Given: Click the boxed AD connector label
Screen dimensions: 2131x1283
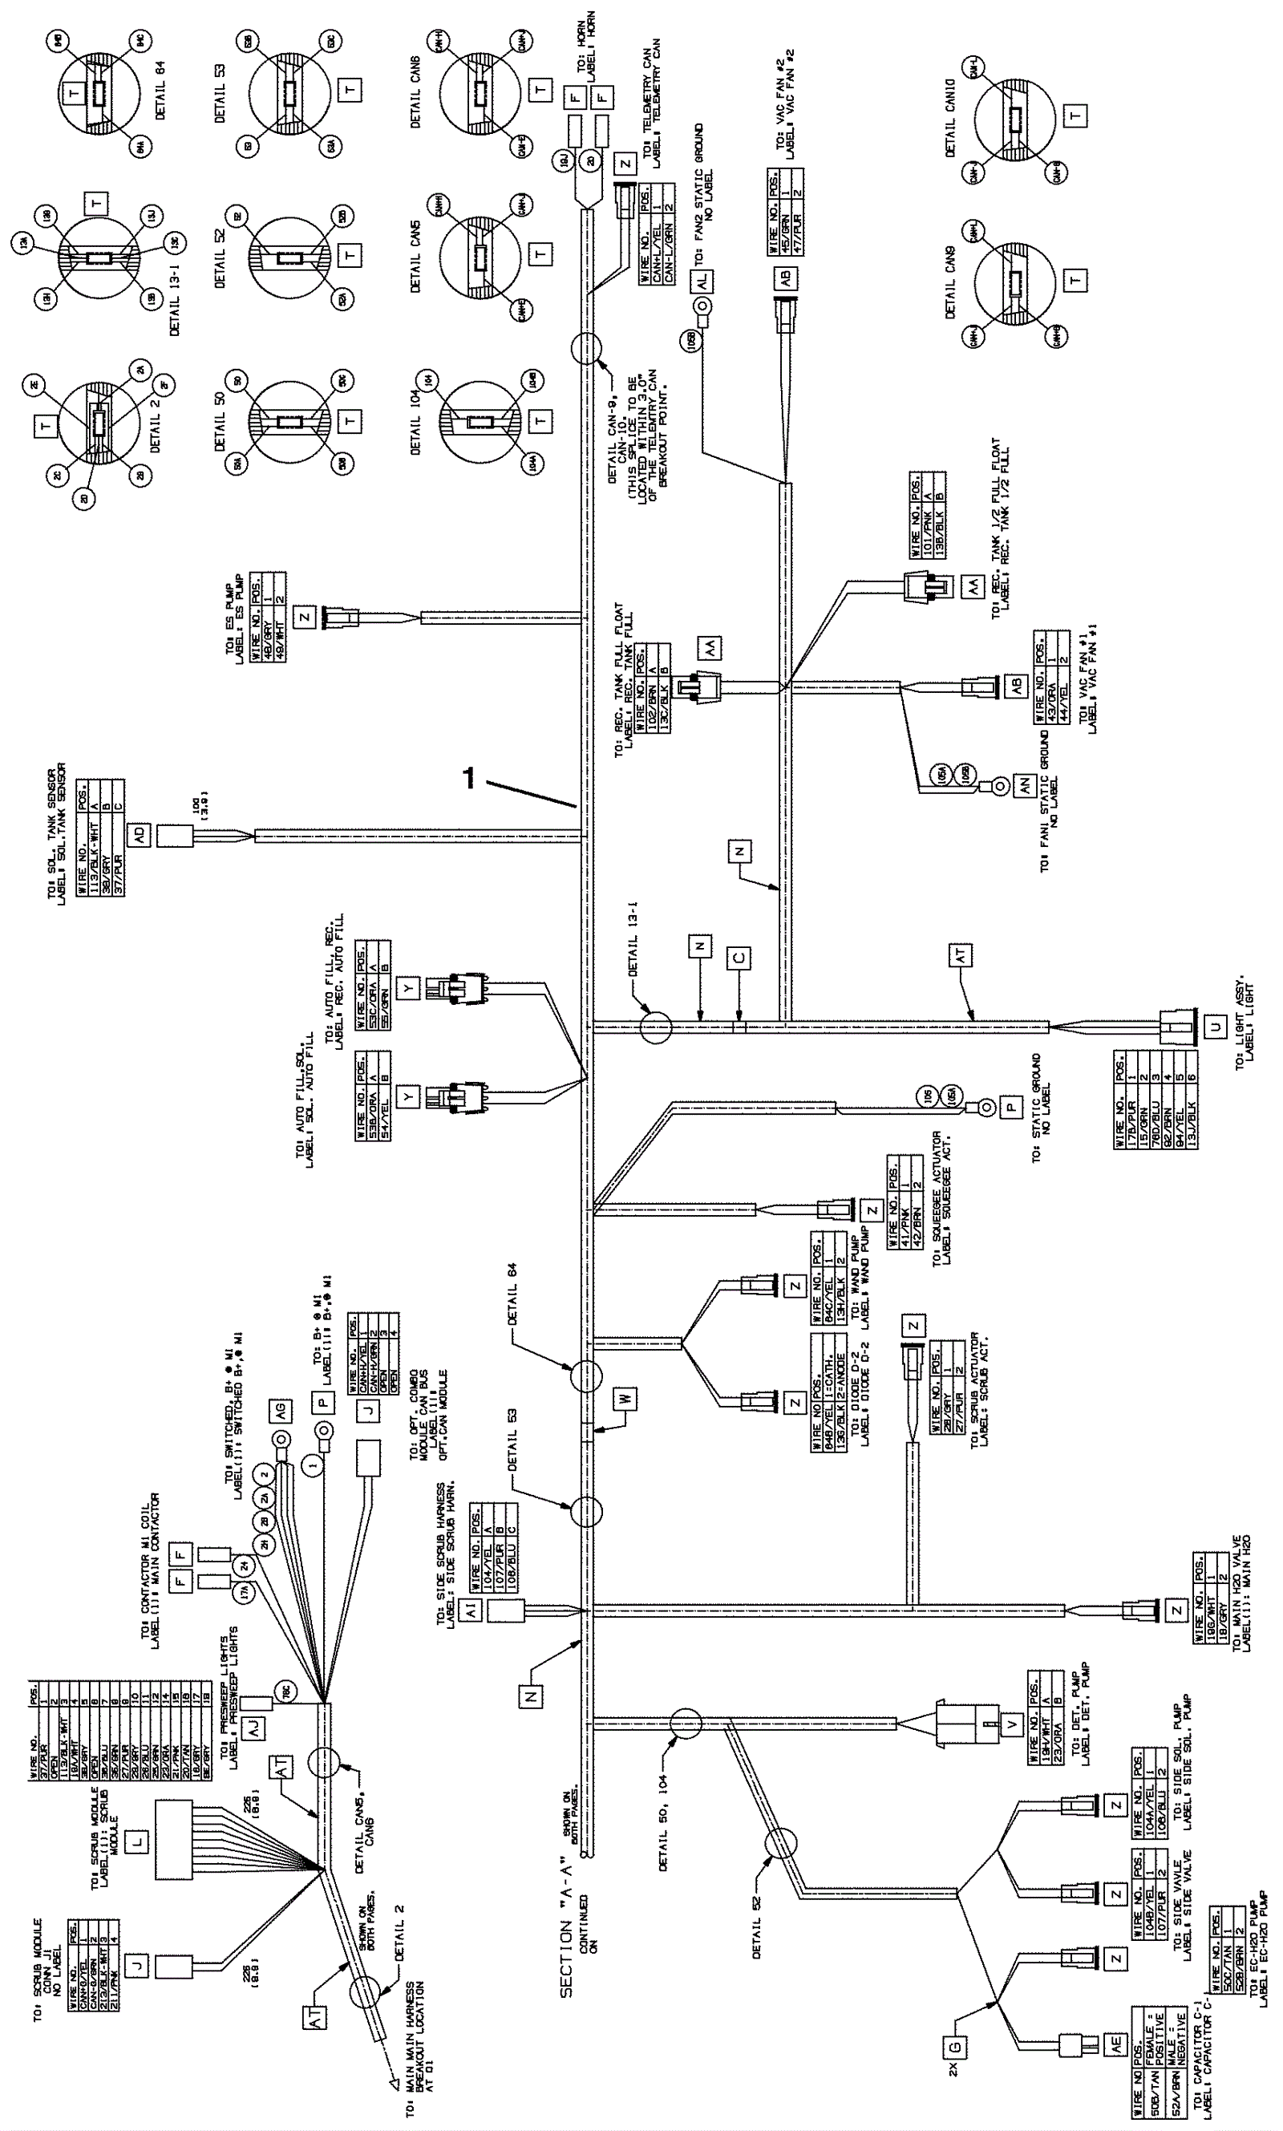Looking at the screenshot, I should tap(139, 835).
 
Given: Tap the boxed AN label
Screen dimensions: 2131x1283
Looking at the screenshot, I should tap(1025, 786).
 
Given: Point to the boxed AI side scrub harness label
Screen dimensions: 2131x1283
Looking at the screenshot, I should tap(472, 1610).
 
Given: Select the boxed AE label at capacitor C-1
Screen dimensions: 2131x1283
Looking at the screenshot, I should tap(1116, 2046).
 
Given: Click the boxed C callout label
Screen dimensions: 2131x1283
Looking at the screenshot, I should tap(739, 958).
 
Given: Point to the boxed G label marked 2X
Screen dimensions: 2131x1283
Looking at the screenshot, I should tap(956, 2046).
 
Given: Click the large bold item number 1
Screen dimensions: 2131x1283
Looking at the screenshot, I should tap(469, 779).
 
